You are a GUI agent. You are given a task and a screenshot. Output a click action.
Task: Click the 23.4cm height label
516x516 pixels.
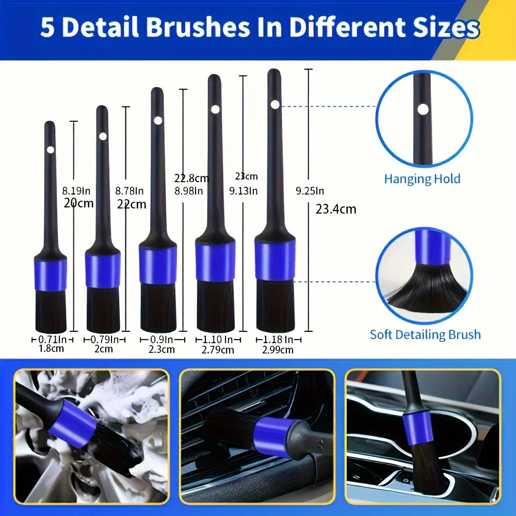(x=335, y=209)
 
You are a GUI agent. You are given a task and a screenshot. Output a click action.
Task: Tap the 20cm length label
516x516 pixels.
(x=79, y=203)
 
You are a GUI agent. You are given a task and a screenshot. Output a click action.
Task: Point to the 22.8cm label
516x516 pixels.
(x=191, y=179)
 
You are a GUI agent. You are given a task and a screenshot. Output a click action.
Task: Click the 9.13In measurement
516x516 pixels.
(x=244, y=190)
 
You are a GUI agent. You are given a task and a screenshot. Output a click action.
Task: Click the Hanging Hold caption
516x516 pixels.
(x=422, y=179)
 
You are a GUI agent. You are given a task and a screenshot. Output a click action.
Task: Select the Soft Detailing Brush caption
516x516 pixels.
(x=425, y=334)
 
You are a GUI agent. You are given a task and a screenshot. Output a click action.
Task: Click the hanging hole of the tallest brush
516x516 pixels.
(x=275, y=104)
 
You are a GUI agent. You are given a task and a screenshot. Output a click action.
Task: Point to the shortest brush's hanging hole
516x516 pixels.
(x=50, y=150)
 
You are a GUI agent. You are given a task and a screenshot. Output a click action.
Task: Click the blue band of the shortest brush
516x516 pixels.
(x=51, y=275)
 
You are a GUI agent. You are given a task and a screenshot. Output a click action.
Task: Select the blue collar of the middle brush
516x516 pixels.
(x=157, y=265)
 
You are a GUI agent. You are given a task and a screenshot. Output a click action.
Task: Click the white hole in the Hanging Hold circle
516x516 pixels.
(x=423, y=109)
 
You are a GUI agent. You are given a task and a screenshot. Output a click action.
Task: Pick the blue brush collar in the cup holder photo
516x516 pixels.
(x=418, y=428)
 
